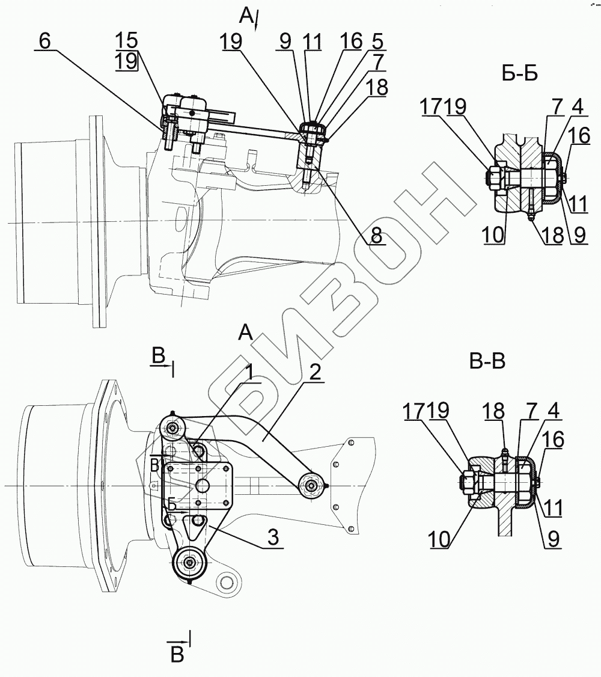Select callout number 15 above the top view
point(127,41)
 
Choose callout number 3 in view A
point(273,538)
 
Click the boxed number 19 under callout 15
point(127,61)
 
